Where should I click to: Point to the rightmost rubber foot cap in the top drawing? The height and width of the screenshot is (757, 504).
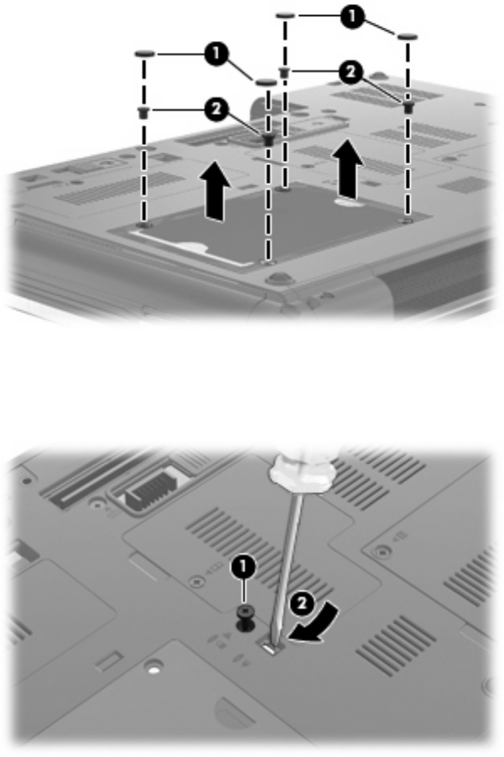pos(408,36)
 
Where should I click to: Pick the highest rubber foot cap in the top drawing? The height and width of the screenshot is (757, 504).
pos(286,15)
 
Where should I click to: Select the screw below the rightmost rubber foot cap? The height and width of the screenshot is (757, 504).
pos(408,106)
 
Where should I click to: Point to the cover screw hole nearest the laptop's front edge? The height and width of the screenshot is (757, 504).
pos(268,262)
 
